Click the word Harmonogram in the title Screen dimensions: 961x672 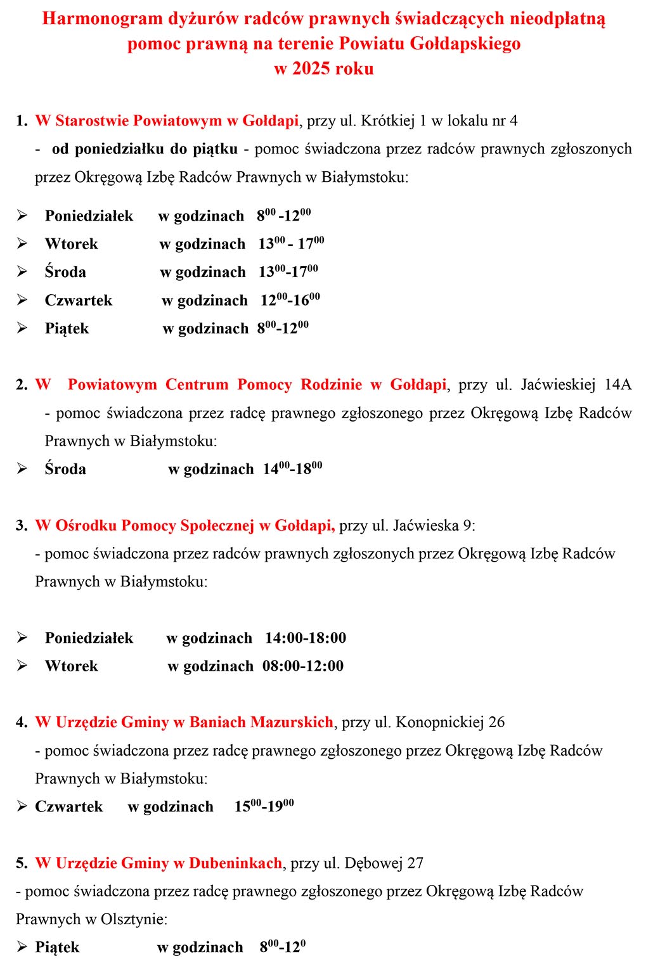103,18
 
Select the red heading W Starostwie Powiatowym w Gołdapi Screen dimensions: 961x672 167,120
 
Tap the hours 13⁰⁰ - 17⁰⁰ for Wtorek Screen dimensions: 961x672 291,243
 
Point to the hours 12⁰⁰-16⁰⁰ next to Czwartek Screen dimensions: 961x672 290,300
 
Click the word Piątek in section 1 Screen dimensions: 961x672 67,328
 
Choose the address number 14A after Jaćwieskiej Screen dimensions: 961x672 617,384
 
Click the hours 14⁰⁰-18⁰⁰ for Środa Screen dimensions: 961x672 292,469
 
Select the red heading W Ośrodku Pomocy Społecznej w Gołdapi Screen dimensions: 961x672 184,525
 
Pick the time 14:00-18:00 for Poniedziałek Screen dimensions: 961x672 306,638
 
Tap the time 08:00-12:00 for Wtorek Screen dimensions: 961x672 303,666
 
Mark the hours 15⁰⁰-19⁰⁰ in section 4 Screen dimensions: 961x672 264,806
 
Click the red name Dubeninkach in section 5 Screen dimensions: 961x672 235,863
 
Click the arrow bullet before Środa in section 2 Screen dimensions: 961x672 22,469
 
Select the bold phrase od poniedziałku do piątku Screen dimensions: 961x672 145,149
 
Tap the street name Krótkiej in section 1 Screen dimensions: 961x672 387,120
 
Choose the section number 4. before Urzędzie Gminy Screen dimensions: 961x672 22,722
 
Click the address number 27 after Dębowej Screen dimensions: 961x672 415,863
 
